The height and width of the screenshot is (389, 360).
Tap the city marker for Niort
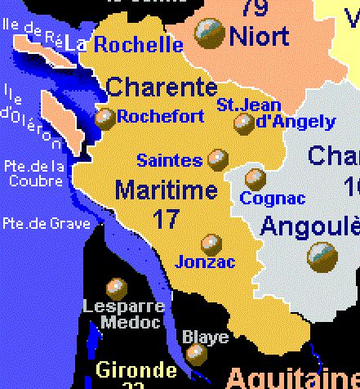210,34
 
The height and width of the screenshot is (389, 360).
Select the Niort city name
259,36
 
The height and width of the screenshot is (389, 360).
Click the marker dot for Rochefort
105,118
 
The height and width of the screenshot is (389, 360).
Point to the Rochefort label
160,117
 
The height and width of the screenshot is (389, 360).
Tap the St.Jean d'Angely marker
243,123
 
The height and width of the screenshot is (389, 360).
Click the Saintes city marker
217,159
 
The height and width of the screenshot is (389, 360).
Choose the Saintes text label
169,160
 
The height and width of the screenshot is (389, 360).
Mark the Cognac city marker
256,178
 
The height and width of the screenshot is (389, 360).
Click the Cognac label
273,199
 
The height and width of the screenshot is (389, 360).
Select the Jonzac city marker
211,244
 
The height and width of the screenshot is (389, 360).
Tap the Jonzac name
205,262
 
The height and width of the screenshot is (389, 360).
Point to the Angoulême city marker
322,258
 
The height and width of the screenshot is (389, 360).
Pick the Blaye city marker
196,353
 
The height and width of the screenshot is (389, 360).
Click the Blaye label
199,336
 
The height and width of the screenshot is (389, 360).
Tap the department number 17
166,218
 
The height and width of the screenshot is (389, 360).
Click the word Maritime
166,190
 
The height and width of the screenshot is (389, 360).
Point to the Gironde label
136,369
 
